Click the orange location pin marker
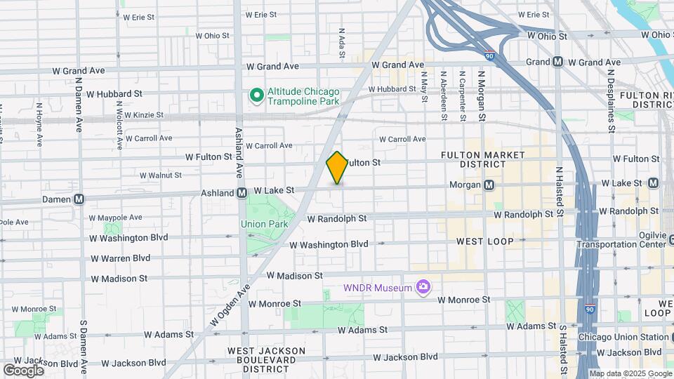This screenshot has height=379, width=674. pyautogui.click(x=338, y=167)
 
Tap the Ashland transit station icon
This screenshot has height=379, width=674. pyautogui.click(x=242, y=192)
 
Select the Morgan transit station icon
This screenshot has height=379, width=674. pyautogui.click(x=489, y=185)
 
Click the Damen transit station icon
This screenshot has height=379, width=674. pyautogui.click(x=79, y=199)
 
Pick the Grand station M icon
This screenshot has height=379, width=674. pyautogui.click(x=558, y=62)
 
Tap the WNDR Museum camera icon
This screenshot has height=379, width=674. pyautogui.click(x=423, y=286)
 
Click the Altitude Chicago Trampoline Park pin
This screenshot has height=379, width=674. pyautogui.click(x=257, y=95)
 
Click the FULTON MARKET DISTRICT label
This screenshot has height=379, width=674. pyautogui.click(x=473, y=159)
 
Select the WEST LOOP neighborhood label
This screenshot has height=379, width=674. pyautogui.click(x=484, y=241)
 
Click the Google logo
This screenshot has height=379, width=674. pyautogui.click(x=23, y=370)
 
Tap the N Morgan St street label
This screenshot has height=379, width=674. pyautogui.click(x=482, y=91)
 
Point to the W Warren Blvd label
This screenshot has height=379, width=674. pyautogui.click(x=121, y=258)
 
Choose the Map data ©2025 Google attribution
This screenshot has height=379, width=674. pyautogui.click(x=631, y=373)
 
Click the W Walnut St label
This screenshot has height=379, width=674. pyautogui.click(x=160, y=175)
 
